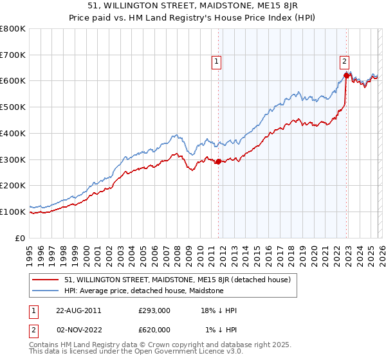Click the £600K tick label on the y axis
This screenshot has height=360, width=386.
13,81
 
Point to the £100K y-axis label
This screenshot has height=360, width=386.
13,212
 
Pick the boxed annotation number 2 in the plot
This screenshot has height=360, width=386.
344,62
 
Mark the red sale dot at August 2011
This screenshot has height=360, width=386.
219,161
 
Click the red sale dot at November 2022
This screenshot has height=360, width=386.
346,76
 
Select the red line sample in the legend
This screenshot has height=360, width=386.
46,280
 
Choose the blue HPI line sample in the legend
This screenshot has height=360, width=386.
46,291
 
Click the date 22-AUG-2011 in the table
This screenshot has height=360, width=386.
75,310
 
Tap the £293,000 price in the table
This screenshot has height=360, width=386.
154,310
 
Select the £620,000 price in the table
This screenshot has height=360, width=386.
154,330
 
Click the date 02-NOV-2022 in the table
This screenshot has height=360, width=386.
75,330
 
